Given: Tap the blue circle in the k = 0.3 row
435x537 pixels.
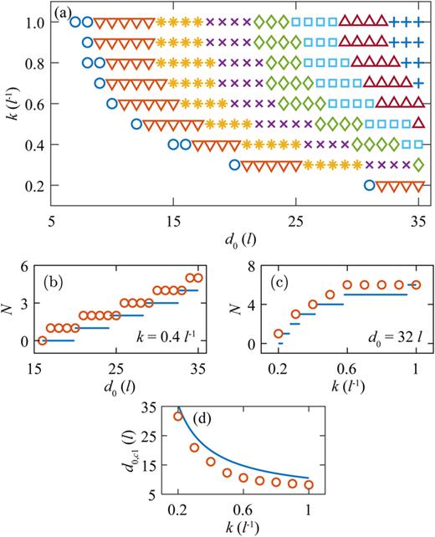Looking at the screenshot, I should (235, 165).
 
